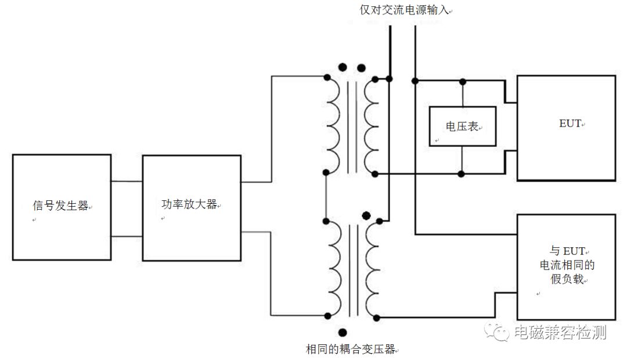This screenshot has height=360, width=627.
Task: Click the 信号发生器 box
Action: pos(61,207)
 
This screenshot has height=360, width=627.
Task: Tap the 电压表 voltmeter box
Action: pos(463,126)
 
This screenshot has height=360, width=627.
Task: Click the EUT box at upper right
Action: pos(565,128)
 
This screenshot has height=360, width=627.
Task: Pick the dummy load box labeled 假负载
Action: pos(565,265)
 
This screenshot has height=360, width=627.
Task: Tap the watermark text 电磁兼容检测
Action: pos(560,332)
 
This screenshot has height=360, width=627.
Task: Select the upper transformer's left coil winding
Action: pos(333,124)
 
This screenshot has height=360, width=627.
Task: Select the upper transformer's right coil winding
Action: pos(370,124)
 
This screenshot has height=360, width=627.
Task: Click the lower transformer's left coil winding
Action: pos(333,268)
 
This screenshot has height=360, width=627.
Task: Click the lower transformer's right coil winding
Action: pos(370,268)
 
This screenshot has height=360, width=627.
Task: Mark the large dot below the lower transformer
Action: pos(343,332)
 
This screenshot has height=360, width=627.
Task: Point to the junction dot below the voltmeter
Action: pos(461,173)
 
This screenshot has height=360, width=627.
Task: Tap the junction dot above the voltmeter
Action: pos(463,78)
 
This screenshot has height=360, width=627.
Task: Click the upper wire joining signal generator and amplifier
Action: pos(127,181)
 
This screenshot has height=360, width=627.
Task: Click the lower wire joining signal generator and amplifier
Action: pos(127,236)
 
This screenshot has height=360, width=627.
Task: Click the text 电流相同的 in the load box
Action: pos(567,265)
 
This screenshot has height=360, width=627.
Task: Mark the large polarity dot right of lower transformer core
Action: pos(366,216)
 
